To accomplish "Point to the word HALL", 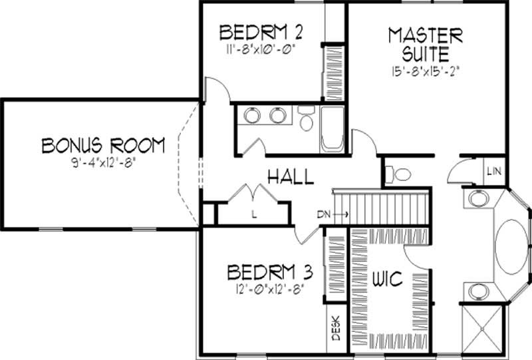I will tap(290, 176).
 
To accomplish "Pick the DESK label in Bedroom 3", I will tap(336, 328).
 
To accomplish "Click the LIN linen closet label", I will tap(493, 172).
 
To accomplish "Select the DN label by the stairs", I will tap(324, 214).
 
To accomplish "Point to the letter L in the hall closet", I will tap(254, 214).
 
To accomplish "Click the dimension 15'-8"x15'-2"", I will tap(426, 69).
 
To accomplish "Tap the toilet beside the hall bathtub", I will tap(307, 119).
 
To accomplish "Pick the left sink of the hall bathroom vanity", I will tap(252, 116).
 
